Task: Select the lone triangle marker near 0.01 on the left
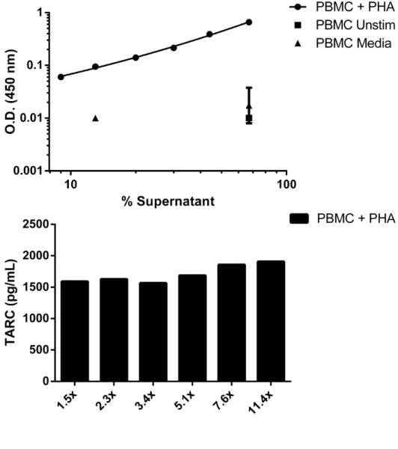pyautogui.click(x=95, y=118)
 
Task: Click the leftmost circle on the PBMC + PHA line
pyautogui.click(x=61, y=76)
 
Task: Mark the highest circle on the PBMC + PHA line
pyautogui.click(x=249, y=22)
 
